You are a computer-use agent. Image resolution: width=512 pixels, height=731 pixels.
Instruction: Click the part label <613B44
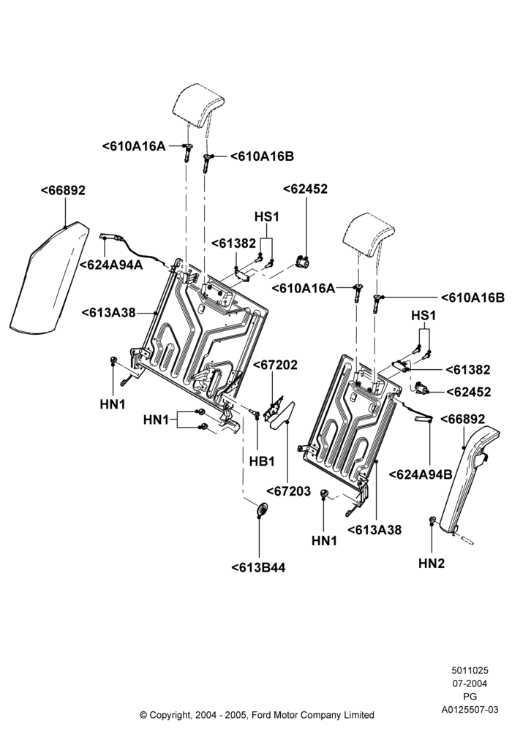coord(258,567)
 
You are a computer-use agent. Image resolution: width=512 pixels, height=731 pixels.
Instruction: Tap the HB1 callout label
coord(262,461)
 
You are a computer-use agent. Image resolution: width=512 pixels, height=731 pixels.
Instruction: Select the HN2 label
coord(432,563)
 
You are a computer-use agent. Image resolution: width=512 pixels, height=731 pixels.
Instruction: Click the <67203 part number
coord(288,491)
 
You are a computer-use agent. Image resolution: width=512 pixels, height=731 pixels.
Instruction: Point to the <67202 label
coord(275,365)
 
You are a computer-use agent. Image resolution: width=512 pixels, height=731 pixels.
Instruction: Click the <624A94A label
coord(111,265)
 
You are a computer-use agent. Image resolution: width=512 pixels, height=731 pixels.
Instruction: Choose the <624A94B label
coord(421,474)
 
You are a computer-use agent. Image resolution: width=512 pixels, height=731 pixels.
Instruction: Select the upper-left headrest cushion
coord(198,106)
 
